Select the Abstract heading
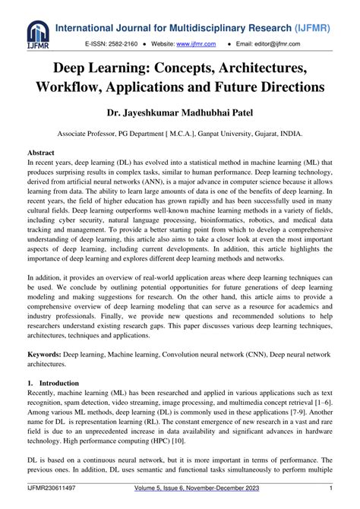[42, 152]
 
